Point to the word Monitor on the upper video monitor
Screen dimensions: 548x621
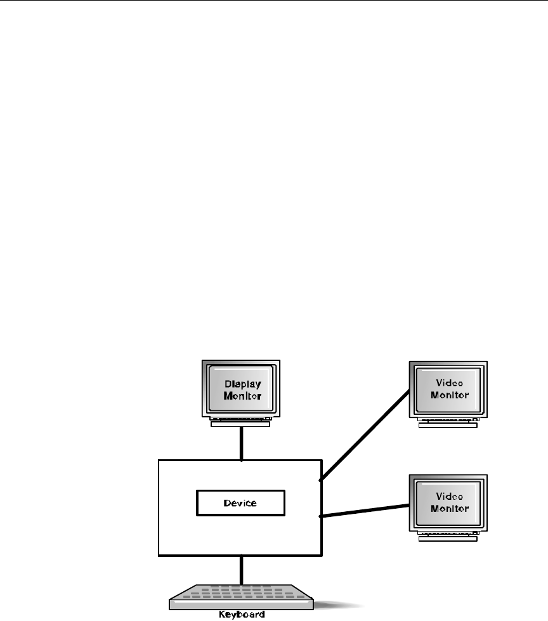coord(450,395)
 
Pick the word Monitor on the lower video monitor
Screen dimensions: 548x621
coord(450,508)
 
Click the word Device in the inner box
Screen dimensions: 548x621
coord(240,503)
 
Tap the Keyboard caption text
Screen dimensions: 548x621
coord(242,615)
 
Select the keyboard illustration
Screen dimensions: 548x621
coord(241,597)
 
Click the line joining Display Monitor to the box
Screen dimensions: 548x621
coord(241,443)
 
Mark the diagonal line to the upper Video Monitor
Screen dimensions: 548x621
coord(365,434)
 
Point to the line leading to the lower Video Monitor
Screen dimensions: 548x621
coord(365,511)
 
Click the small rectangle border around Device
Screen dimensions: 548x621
coord(197,503)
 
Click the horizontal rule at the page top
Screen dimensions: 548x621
coord(274,1)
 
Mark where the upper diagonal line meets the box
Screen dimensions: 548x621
coord(321,480)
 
